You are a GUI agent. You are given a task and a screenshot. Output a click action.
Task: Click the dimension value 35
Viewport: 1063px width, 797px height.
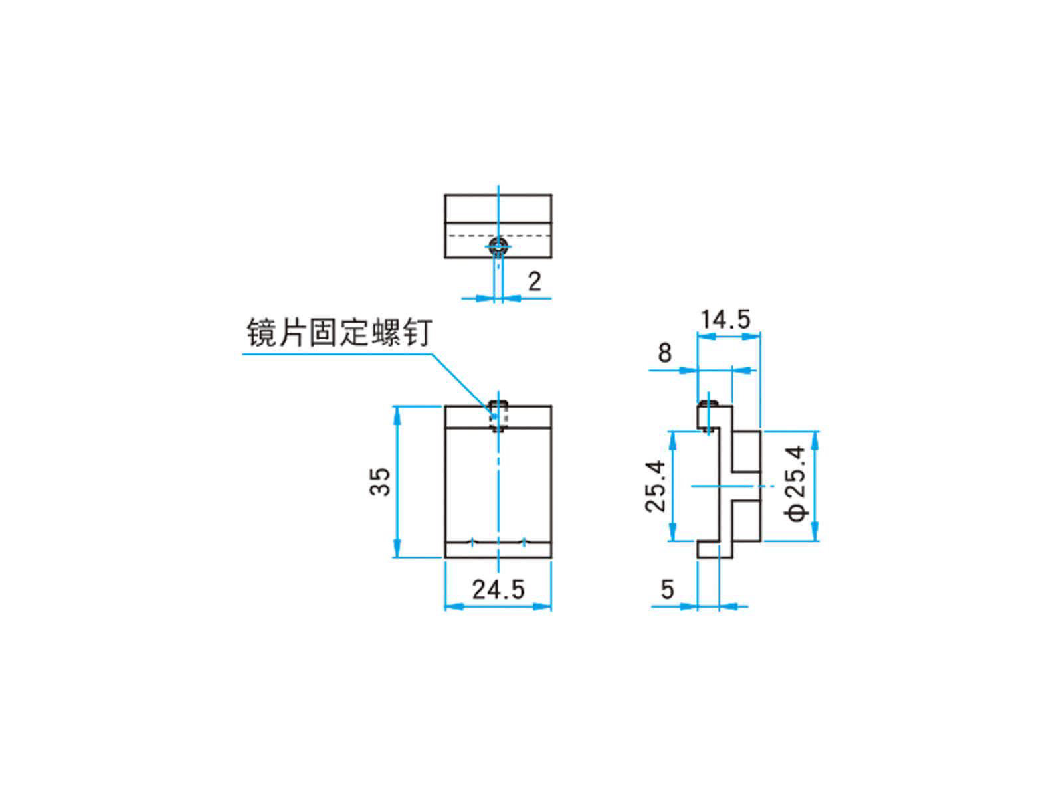381,482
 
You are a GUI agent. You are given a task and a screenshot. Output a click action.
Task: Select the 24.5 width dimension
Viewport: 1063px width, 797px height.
498,589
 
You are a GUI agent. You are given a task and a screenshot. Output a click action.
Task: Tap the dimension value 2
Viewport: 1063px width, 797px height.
534,282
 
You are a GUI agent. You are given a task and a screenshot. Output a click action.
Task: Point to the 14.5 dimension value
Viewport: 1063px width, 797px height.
725,319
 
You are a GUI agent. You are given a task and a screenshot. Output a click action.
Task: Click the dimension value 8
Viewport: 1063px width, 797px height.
665,353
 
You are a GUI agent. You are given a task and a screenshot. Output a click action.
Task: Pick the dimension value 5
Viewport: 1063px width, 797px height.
668,589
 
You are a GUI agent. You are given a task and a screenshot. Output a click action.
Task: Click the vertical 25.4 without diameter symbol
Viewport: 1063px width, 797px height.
655,486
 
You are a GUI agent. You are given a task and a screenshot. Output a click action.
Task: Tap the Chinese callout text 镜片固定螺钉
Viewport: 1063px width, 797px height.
339,333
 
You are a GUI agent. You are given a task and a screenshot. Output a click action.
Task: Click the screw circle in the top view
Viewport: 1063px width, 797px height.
498,248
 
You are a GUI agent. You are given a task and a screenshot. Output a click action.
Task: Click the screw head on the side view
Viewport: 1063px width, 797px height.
710,403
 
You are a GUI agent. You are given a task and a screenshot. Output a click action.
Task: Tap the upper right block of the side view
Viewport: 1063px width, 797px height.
747,451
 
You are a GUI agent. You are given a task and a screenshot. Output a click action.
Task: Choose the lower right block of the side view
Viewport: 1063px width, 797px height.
747,521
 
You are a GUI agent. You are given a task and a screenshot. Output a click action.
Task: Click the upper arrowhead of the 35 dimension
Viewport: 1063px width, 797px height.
397,414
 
